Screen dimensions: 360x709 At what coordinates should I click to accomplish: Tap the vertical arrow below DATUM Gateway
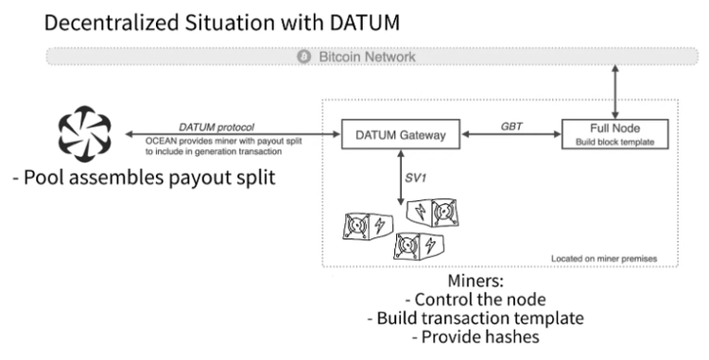402,180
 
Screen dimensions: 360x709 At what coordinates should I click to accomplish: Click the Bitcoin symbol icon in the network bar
304,58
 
